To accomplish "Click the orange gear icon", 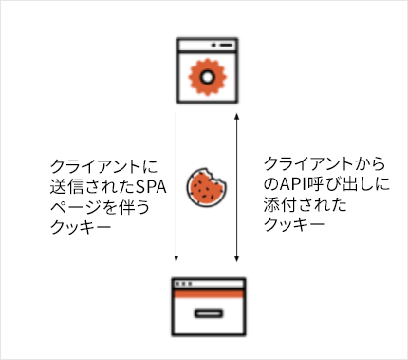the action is point(205,74).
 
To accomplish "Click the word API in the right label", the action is point(290,185).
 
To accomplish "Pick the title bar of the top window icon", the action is point(205,45).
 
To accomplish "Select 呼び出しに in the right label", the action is point(342,185).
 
